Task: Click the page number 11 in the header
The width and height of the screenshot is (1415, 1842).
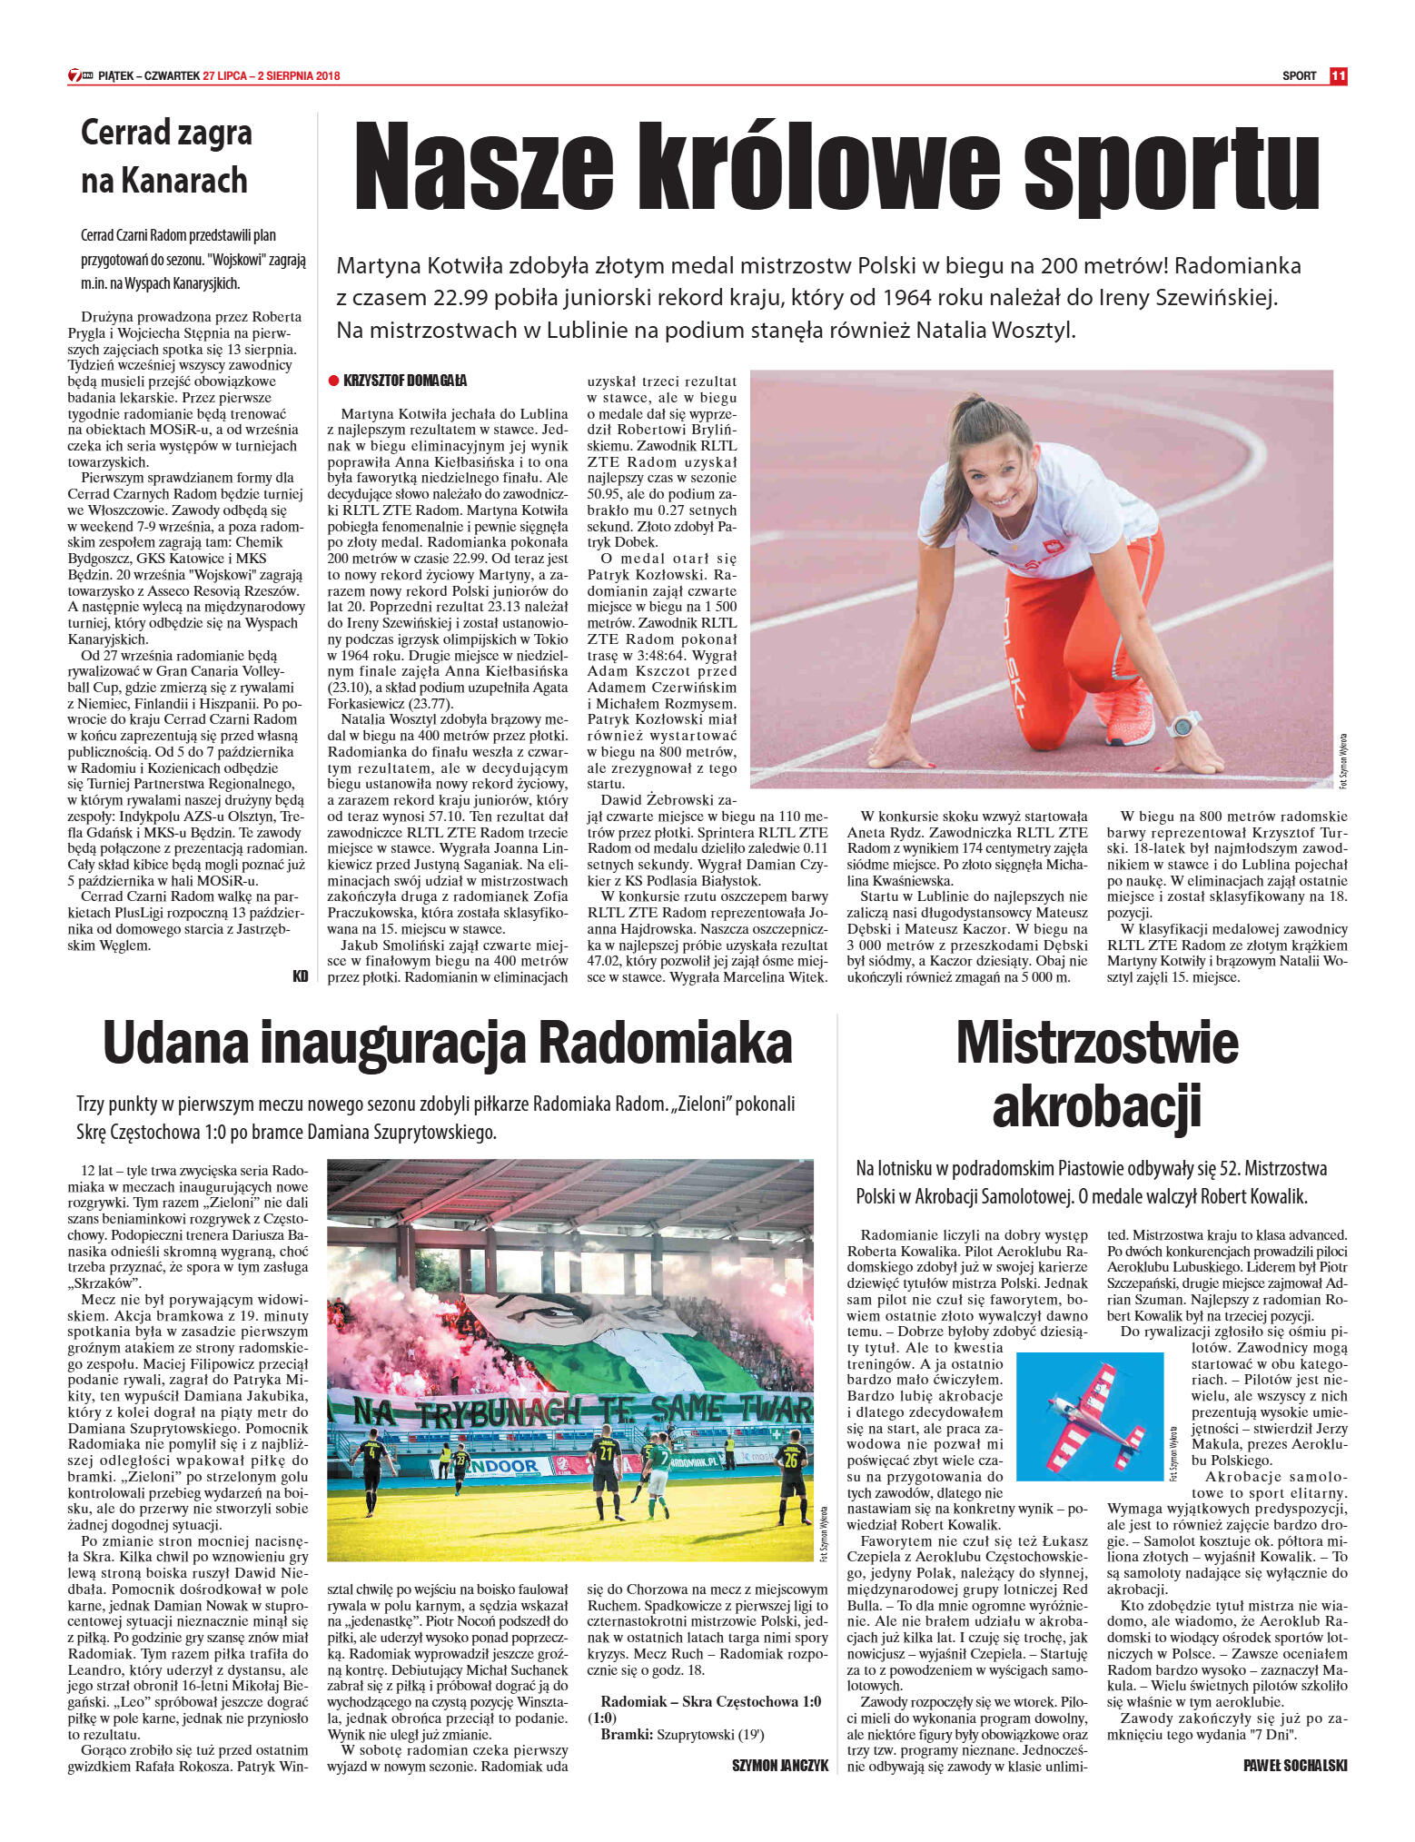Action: point(1338,76)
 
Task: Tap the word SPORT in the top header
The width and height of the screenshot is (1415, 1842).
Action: point(1299,76)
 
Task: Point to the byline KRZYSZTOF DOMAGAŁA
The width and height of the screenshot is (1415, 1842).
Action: point(405,381)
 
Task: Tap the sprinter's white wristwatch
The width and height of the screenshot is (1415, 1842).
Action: point(1183,724)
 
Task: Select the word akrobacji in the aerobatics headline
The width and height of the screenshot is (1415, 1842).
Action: point(1096,1106)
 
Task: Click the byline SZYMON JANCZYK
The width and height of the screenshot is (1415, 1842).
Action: point(780,1766)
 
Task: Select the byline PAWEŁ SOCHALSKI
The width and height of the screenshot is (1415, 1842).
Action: point(1294,1766)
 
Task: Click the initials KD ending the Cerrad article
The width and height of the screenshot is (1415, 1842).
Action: point(301,976)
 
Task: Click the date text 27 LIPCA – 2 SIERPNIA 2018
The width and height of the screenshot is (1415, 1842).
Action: point(272,76)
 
